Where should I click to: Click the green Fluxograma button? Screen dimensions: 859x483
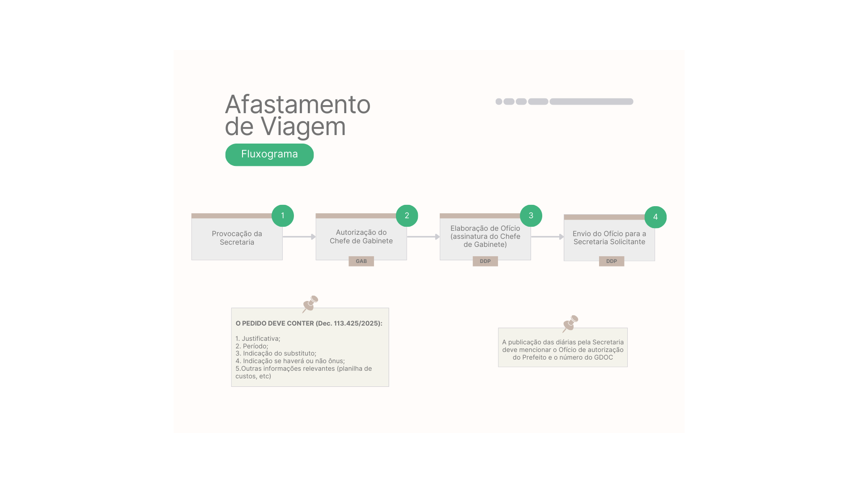[269, 155]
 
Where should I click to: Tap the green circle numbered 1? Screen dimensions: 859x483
[283, 216]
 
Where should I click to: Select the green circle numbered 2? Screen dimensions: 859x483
[407, 216]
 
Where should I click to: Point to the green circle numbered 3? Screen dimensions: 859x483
[531, 216]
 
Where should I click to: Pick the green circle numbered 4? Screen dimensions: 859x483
[655, 217]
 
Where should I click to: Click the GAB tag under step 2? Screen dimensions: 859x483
[361, 261]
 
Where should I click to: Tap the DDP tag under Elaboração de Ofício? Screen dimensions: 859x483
[485, 261]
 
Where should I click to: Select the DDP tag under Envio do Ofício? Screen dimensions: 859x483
[612, 261]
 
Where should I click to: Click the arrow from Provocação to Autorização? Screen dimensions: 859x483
[299, 237]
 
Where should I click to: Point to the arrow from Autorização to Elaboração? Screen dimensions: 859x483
[424, 237]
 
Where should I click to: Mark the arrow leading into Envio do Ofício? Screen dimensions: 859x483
[548, 237]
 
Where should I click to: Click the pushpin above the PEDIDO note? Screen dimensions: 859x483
[310, 304]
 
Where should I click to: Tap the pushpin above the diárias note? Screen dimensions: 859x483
[570, 324]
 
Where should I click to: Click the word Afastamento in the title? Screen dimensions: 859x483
[298, 105]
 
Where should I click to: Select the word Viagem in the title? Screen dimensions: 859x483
[303, 127]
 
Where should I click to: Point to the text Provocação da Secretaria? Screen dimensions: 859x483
[237, 238]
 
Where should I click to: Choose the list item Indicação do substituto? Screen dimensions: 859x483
[276, 353]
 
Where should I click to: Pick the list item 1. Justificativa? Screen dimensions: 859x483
[258, 339]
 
